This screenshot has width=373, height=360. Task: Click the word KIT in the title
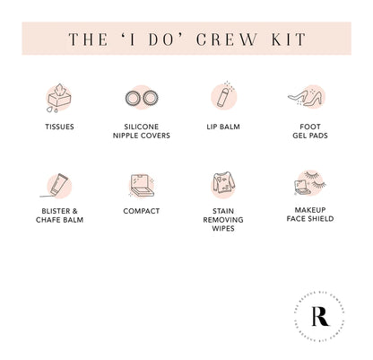(283, 39)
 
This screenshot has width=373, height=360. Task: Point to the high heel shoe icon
(305, 96)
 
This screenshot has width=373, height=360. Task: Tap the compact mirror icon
(141, 185)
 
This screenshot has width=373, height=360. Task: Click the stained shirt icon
(223, 184)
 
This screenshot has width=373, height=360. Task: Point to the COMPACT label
(142, 211)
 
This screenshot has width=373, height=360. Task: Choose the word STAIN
(223, 211)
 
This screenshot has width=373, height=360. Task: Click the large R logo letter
(319, 315)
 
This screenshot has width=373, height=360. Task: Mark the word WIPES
(223, 228)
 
